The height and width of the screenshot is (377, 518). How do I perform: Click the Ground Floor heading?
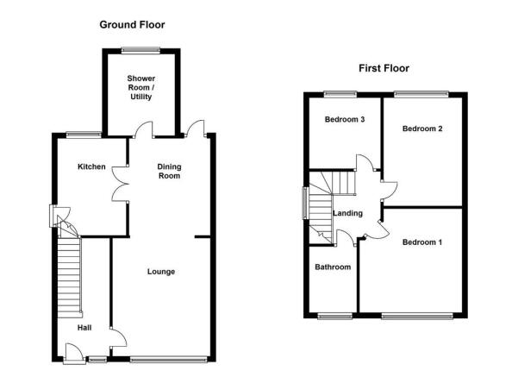click(x=132, y=25)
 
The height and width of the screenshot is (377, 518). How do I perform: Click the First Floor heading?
click(x=384, y=68)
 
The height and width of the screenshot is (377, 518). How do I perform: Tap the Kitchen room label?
click(x=91, y=167)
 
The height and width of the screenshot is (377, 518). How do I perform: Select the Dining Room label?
click(x=169, y=172)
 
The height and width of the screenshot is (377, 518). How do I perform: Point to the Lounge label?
click(x=161, y=272)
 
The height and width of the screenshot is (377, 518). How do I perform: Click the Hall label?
click(x=84, y=328)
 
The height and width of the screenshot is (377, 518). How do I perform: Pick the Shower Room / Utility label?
click(x=141, y=88)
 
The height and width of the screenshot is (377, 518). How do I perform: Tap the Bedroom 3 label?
click(x=345, y=119)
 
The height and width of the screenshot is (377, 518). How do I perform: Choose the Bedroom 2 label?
click(x=422, y=129)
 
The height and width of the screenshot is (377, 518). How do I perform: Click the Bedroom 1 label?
click(x=421, y=242)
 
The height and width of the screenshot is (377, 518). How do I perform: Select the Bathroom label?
click(x=333, y=267)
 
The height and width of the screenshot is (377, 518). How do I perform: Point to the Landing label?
click(x=347, y=214)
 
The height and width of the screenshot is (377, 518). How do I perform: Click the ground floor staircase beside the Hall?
click(x=69, y=277)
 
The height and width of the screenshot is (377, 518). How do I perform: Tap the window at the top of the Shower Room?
click(x=140, y=51)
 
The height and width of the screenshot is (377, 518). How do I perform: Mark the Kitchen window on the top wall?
click(x=84, y=135)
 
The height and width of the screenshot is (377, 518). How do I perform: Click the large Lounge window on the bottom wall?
click(x=169, y=359)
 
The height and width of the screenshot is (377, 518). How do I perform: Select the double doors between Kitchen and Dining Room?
click(x=121, y=184)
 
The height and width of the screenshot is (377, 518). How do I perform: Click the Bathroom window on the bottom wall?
click(x=335, y=316)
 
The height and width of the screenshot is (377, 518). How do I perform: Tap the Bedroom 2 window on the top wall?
click(x=421, y=95)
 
